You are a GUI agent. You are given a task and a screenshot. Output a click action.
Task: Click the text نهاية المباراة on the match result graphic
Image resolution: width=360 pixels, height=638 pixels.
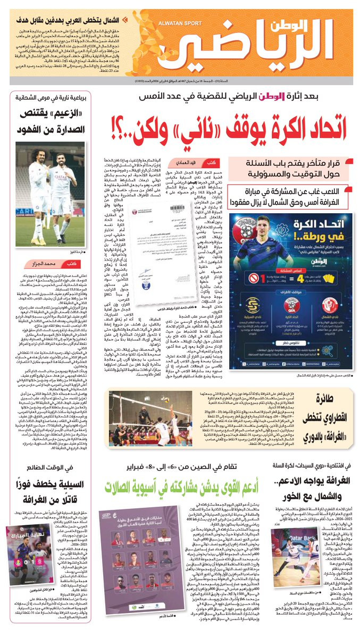27,538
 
